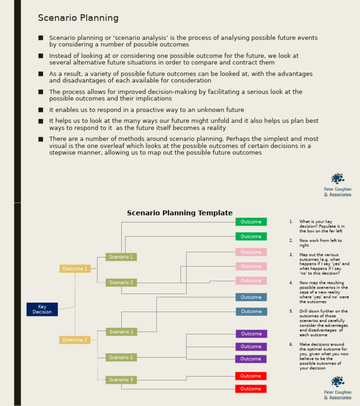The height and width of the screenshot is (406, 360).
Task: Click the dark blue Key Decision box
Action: pyautogui.click(x=42, y=309)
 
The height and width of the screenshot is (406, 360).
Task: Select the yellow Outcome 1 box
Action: pyautogui.click(x=75, y=269)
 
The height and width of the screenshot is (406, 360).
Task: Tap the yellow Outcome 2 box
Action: pyautogui.click(x=75, y=340)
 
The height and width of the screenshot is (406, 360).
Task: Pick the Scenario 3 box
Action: pyautogui.click(x=121, y=380)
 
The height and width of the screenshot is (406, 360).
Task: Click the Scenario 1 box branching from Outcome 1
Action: pyautogui.click(x=121, y=257)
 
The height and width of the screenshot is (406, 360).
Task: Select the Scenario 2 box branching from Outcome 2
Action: pyautogui.click(x=121, y=357)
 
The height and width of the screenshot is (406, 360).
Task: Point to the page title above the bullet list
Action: pyautogui.click(x=78, y=18)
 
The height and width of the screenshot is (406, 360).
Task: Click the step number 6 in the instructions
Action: pyautogui.click(x=291, y=344)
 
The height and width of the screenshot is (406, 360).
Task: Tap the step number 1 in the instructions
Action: pyautogui.click(x=291, y=221)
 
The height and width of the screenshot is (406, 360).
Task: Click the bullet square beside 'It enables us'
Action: pyautogui.click(x=41, y=110)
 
